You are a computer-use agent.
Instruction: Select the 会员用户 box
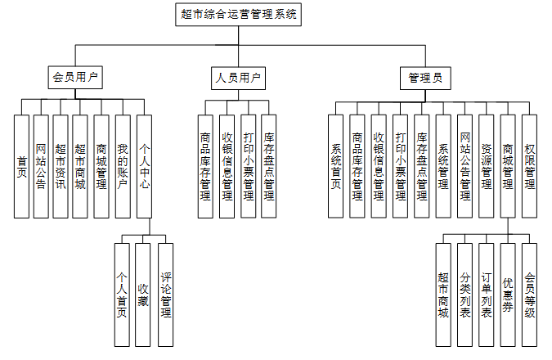point(75,78)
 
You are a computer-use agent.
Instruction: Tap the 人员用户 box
point(237,78)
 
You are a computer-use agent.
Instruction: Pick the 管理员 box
point(425,78)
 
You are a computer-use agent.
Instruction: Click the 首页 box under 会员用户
point(22,166)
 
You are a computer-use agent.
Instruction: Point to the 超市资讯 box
point(61,166)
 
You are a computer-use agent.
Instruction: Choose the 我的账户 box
point(123,166)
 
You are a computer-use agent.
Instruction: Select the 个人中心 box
point(144,166)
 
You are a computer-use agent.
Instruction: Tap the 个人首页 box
point(122,294)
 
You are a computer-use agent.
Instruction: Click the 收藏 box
point(144,294)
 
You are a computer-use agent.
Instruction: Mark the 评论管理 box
point(166,294)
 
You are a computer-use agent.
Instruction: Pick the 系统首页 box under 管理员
point(336,166)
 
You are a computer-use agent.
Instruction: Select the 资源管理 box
point(486,166)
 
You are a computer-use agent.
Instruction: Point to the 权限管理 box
point(529,166)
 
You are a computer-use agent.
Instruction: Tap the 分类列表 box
point(464,294)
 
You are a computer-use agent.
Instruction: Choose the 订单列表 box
point(486,294)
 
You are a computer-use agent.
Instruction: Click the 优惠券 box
point(508,294)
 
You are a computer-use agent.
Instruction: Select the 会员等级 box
point(529,294)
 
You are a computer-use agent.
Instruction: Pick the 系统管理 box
point(443,166)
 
